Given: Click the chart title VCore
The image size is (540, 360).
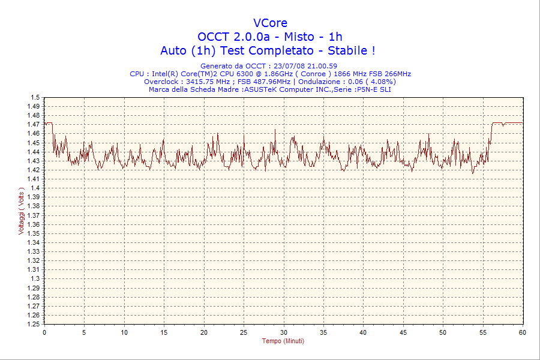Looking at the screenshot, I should tap(270, 23).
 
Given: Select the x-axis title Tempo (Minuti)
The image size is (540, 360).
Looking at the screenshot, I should tap(283, 341).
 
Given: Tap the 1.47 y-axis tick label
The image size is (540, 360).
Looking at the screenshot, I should tap(34, 124).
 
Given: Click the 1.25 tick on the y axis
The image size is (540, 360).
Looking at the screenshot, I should tap(34, 324).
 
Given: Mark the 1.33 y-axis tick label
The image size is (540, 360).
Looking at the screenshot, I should tap(34, 251).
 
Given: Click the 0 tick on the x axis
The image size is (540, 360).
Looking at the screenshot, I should tap(44, 332).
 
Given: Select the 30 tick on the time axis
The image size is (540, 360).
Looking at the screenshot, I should tap(284, 332).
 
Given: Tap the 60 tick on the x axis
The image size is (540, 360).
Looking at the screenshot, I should tap(523, 332).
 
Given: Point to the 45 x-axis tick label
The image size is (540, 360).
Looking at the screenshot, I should tap(403, 332).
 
